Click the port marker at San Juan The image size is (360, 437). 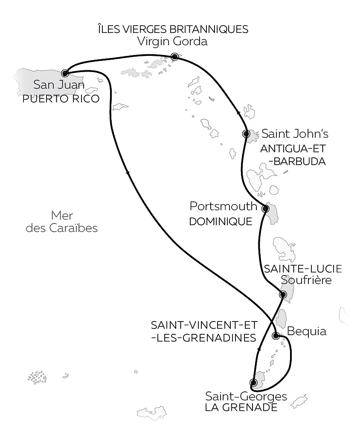click(65, 73)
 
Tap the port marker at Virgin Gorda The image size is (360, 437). click(174, 56)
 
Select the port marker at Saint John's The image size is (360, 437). click(246, 133)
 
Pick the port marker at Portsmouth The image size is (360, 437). click(265, 208)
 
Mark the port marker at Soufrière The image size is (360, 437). click(282, 295)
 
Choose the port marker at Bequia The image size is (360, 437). click(276, 335)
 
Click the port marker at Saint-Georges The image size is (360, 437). click(253, 382)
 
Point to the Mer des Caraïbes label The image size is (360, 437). click(62, 222)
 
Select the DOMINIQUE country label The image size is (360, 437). click(220, 222)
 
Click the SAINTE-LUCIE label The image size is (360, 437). click(303, 269)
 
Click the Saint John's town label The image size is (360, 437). click(295, 134)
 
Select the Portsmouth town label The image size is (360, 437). click(223, 207)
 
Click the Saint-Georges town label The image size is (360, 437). click(246, 396)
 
